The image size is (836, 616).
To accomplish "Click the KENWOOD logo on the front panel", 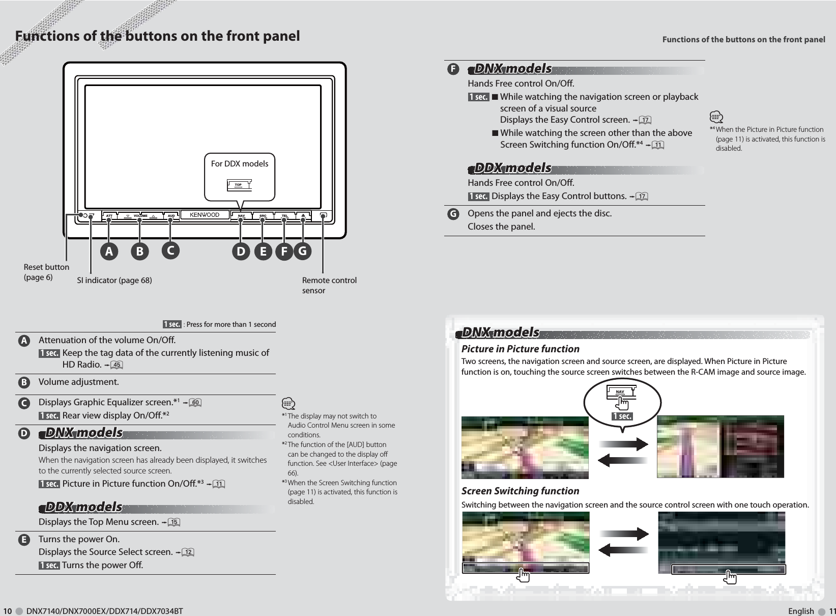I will point(205,215).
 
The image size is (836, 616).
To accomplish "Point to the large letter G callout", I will point(303,251).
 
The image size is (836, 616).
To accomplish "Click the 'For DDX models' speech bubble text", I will point(240,163).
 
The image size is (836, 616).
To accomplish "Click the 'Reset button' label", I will point(46,267).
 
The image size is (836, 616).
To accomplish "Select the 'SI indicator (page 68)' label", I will point(114,281).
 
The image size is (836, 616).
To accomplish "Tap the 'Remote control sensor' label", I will point(329,286).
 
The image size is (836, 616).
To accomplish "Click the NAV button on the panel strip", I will point(242,216).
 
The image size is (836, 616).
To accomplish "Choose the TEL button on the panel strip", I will point(285,216).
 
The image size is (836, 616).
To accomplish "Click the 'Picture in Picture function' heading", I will point(520,349).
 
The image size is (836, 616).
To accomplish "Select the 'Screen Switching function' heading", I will point(520,491).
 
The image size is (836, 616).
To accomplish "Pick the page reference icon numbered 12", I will point(188,552).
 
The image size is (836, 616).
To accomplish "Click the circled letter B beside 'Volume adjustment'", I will point(23,382).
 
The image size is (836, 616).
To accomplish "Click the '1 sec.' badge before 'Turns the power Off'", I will point(49,566).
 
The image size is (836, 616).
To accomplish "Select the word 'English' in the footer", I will point(800,611).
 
